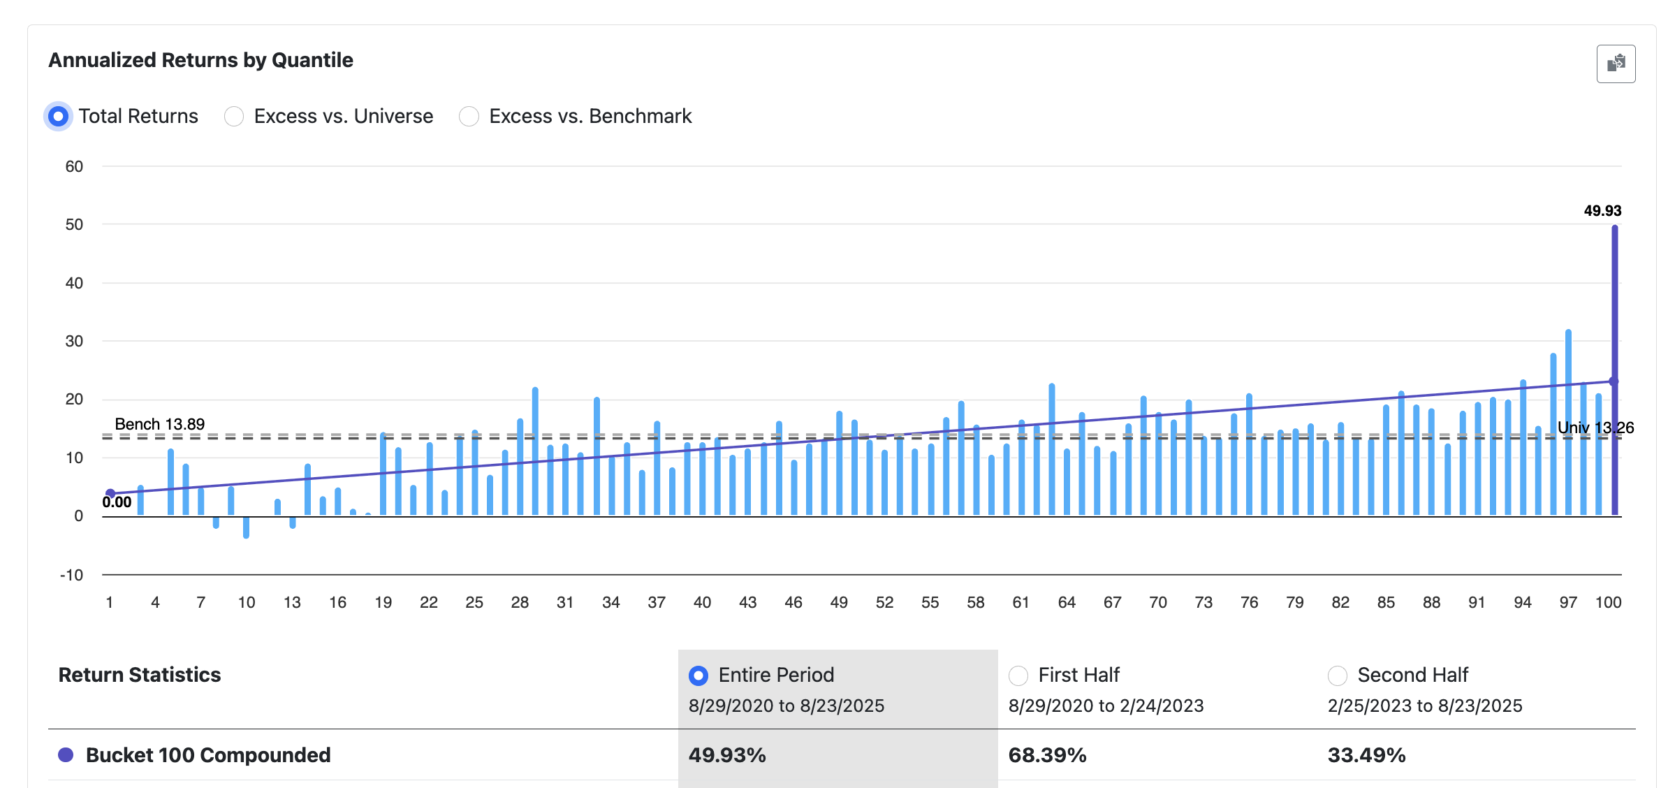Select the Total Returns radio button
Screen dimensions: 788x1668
pos(58,116)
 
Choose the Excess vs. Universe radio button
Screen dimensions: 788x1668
pos(234,116)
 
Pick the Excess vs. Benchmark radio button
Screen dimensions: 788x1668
pos(469,116)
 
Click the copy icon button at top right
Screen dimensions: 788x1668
pos(1615,64)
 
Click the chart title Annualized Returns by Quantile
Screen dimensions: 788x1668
pos(200,60)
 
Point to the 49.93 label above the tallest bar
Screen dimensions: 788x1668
pos(1602,211)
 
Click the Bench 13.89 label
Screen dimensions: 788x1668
pos(159,424)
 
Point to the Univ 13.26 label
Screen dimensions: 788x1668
pos(1595,428)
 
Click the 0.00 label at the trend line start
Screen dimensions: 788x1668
pos(117,502)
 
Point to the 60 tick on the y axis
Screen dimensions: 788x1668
pos(74,167)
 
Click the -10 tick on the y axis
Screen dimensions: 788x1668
pos(71,575)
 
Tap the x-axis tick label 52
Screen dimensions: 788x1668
pos(884,602)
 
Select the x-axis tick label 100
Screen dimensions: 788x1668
pos(1608,602)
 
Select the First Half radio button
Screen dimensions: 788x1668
pos(1018,676)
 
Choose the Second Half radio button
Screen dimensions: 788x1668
pos(1337,676)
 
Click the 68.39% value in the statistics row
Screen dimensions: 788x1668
pos(1047,755)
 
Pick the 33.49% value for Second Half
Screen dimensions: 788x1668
pos(1366,755)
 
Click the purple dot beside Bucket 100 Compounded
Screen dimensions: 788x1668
pos(66,755)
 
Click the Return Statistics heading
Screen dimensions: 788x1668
pos(140,675)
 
